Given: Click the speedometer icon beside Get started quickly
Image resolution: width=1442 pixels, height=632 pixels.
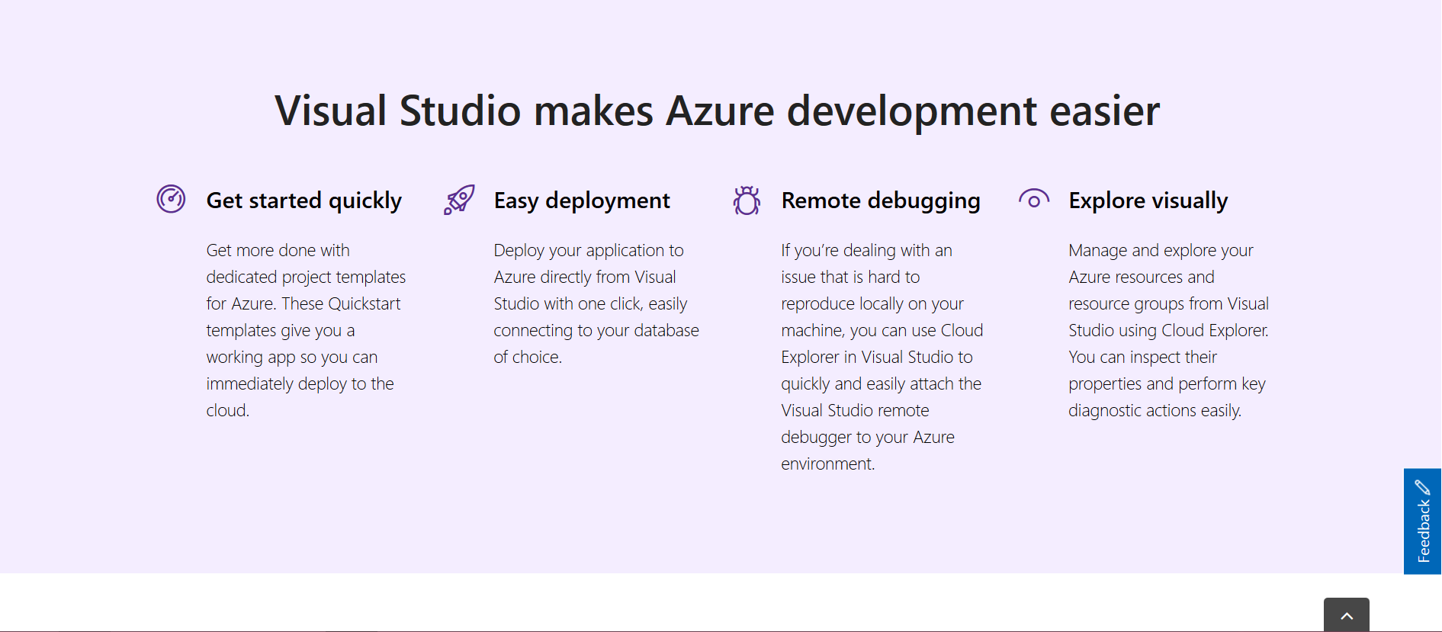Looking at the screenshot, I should coord(171,199).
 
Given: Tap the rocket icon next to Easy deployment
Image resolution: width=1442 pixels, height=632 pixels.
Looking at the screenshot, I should coord(459,199).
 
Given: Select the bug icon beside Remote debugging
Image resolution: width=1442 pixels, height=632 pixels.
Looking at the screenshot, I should coord(747,201).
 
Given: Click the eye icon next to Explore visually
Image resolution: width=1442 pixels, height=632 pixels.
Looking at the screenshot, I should coord(1034,200).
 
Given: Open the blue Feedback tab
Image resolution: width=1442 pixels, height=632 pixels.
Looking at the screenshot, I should coord(1422,521).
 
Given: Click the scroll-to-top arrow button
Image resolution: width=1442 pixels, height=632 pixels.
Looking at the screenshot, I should coord(1347,615).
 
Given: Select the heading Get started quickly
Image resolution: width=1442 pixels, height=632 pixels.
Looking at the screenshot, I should coord(303,201).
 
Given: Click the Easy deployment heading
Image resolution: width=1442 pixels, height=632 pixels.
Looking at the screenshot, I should coord(582,201).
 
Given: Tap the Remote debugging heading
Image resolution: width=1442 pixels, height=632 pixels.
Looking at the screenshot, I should coord(881,201).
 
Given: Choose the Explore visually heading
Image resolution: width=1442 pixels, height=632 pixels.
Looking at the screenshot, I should coord(1148,201).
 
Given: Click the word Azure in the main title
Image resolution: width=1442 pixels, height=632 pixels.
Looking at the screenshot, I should coord(720,111).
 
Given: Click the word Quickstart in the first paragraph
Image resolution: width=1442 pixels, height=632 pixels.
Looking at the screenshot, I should coord(364,303).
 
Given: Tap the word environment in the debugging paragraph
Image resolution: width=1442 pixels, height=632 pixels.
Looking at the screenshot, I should coord(827,464).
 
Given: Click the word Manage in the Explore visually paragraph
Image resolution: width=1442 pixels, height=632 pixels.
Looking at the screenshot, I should coord(1097,250).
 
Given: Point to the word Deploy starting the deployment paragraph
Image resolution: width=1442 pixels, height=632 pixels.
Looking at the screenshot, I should coord(519,250).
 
